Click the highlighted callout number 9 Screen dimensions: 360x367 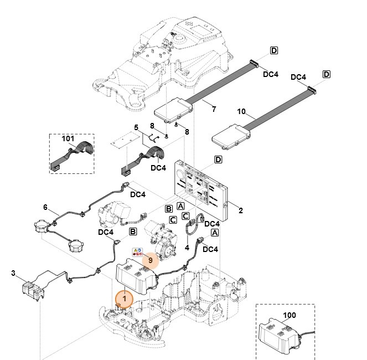(150, 259)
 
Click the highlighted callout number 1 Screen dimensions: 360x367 (125, 299)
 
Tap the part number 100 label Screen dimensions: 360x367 (289, 315)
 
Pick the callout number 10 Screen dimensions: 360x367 (241, 112)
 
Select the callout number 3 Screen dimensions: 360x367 (13, 272)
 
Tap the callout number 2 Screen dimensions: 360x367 (240, 210)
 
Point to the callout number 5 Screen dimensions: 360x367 (136, 127)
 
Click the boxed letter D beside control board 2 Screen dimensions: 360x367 (218, 160)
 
